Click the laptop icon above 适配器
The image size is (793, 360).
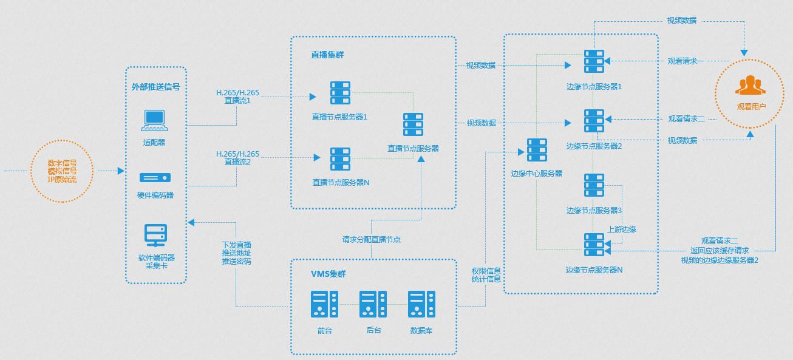(x=154, y=120)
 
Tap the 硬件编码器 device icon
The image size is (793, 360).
(x=155, y=178)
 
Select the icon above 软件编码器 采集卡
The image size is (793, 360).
(x=155, y=234)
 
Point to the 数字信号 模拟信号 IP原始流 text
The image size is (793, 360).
(x=62, y=171)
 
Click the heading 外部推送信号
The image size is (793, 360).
(x=155, y=87)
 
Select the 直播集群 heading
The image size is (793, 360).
(x=327, y=55)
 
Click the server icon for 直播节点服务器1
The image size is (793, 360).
(x=340, y=93)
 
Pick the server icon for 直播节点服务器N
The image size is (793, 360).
(x=340, y=159)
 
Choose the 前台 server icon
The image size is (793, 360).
(x=324, y=304)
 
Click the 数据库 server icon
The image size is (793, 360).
(x=421, y=304)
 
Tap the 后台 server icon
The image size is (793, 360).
(x=373, y=304)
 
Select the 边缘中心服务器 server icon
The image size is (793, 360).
(x=537, y=150)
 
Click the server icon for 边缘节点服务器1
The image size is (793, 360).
(x=594, y=61)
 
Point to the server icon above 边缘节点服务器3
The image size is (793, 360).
(x=594, y=185)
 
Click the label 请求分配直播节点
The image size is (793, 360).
(x=371, y=239)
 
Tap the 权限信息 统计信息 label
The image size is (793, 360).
(x=486, y=275)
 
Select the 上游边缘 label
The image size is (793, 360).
(x=622, y=229)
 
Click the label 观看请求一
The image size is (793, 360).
(x=686, y=61)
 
